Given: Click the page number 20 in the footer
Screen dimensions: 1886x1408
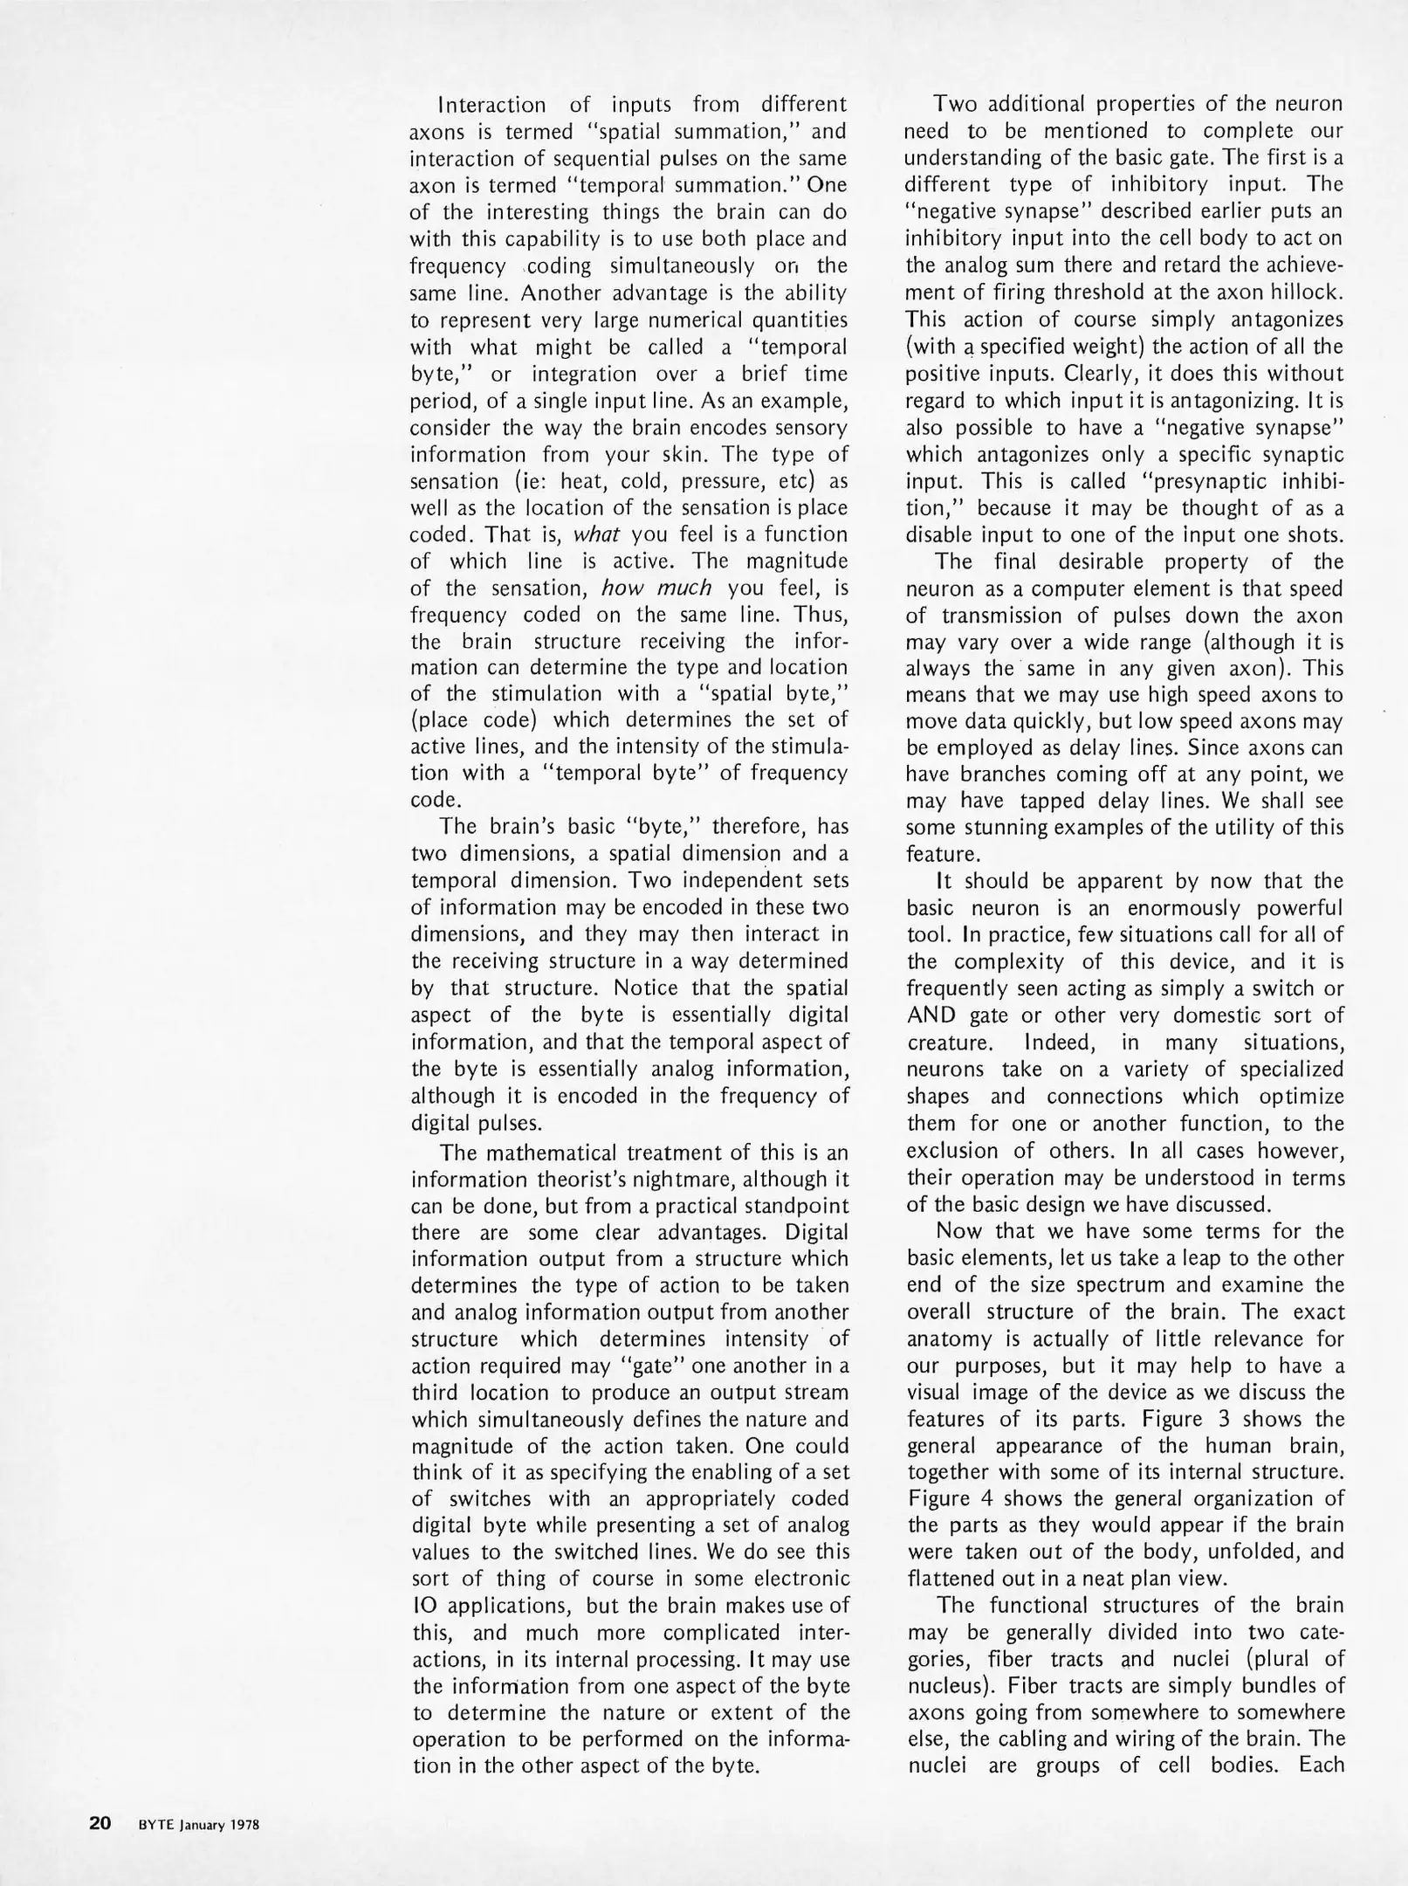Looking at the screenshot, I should pos(100,1824).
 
